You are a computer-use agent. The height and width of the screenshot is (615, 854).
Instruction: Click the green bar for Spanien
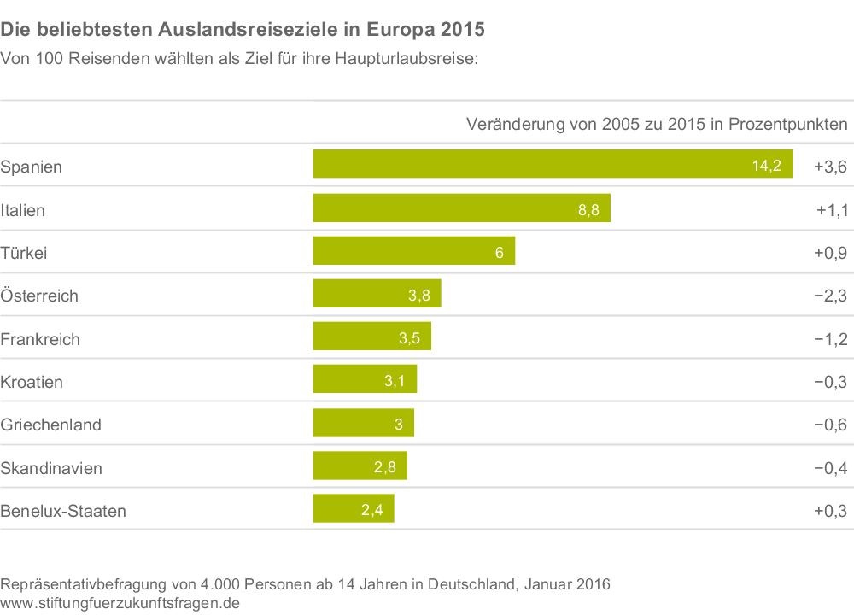(x=553, y=164)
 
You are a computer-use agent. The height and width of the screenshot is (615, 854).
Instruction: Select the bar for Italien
(x=461, y=208)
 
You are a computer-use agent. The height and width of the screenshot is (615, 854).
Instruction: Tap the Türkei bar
(x=414, y=251)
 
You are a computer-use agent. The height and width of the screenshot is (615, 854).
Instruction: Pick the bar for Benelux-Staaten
(x=354, y=509)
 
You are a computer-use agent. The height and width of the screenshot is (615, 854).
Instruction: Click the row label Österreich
(x=39, y=296)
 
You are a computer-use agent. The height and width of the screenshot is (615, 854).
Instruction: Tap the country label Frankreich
(x=40, y=339)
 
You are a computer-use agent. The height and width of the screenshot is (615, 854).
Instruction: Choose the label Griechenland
(x=50, y=425)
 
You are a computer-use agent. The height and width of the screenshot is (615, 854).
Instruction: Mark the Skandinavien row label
(x=50, y=468)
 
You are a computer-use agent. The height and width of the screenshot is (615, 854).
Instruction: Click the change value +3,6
(x=830, y=167)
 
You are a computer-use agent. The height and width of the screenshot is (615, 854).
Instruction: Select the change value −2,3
(x=830, y=296)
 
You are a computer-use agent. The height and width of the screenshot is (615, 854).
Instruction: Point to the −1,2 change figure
(x=830, y=339)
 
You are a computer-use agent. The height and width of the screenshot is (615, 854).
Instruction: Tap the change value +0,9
(x=830, y=253)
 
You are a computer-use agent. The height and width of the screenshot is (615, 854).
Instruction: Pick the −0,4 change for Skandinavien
(x=830, y=468)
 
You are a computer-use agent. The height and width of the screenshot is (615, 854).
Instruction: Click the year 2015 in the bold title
(x=457, y=30)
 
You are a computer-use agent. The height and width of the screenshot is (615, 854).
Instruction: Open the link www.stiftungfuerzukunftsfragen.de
(x=120, y=603)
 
